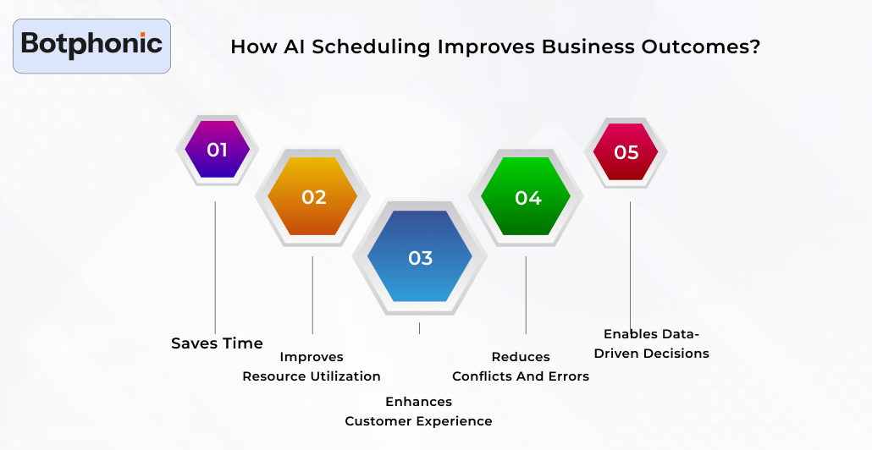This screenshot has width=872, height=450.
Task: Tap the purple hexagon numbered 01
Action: point(217,151)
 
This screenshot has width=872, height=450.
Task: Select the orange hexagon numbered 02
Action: point(313,197)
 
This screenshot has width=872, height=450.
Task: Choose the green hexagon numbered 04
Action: point(527,197)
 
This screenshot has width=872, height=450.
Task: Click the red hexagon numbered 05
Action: point(626,152)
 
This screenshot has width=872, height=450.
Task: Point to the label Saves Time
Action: point(217,343)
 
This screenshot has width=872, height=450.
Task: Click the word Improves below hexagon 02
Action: point(312,357)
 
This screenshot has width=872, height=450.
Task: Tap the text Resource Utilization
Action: point(312,376)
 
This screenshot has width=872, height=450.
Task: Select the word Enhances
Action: point(418,402)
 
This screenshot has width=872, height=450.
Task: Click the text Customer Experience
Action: point(418,421)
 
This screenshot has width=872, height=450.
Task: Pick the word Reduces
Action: point(521,357)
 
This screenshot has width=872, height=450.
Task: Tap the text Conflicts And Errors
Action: point(521,376)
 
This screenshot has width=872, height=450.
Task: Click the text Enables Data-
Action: point(651,334)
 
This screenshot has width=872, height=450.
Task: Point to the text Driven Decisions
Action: point(651,354)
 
